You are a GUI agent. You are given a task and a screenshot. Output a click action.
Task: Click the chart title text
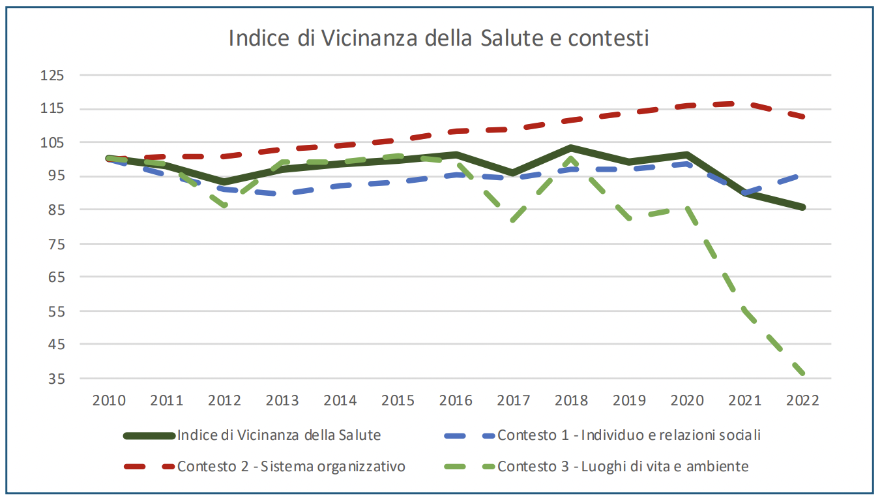[x=439, y=38]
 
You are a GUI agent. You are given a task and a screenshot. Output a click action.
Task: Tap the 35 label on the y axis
[x=55, y=379]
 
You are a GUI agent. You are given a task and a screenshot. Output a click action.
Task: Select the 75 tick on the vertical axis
[x=55, y=243]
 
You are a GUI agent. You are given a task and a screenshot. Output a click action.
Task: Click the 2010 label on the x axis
[x=109, y=400]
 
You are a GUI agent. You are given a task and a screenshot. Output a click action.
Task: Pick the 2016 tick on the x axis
[x=456, y=400]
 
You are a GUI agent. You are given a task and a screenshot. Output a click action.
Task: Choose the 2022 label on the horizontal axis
[x=802, y=400]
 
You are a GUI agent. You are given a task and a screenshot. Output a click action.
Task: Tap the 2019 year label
[x=629, y=400]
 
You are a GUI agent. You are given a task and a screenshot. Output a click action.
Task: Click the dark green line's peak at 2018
[x=571, y=148]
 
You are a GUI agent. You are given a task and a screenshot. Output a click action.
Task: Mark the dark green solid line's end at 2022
[x=802, y=207]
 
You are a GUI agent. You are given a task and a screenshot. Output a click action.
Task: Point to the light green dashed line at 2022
[x=802, y=373]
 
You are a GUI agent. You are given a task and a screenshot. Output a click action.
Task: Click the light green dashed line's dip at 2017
[x=513, y=220]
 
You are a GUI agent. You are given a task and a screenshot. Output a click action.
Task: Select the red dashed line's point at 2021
[x=744, y=104]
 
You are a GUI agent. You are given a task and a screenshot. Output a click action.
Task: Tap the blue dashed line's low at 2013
[x=282, y=193]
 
